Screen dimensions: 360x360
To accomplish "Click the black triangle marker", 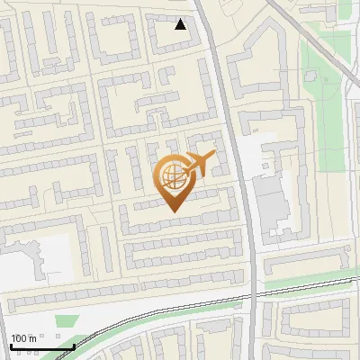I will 181,24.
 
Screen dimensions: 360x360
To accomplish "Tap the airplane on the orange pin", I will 202,163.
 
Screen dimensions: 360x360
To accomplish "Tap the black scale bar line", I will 41,346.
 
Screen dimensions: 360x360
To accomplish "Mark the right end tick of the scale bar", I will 73,344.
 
